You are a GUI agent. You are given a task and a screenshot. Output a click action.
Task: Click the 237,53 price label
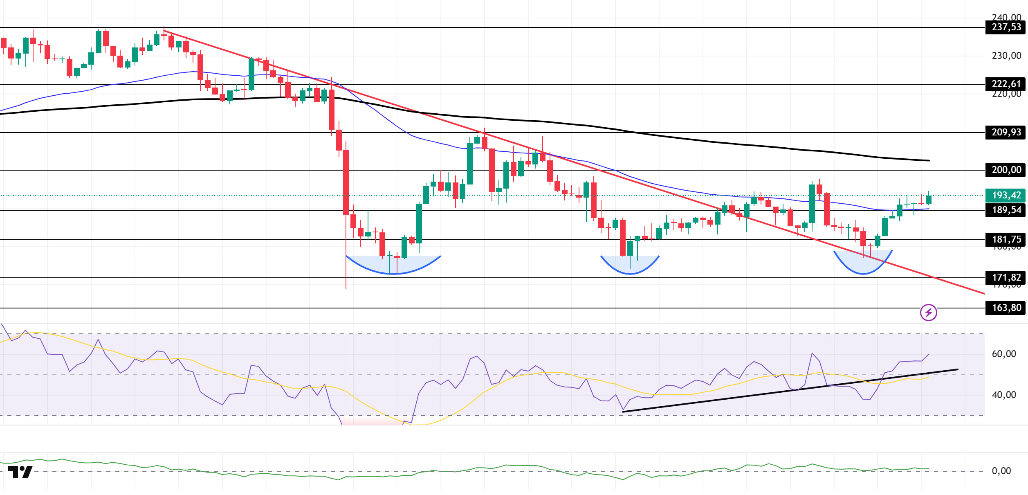tap(1006, 27)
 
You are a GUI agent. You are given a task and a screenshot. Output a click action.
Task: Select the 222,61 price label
tap(1006, 84)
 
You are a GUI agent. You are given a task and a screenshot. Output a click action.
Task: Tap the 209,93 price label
tap(1006, 133)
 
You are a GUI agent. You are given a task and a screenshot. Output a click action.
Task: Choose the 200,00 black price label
tap(1006, 170)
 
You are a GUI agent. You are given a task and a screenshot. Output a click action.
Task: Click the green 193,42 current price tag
tap(1006, 195)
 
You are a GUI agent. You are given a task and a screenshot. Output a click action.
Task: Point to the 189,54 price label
tap(1006, 210)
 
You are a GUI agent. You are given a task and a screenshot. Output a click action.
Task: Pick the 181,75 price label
tap(1006, 239)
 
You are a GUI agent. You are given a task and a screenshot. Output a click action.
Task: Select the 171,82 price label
tap(1006, 277)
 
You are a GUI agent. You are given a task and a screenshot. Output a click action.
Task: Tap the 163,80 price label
tap(1006, 308)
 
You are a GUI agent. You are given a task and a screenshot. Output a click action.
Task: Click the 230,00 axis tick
tap(1006, 56)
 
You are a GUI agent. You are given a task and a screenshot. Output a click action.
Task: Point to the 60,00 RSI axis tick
tap(1003, 354)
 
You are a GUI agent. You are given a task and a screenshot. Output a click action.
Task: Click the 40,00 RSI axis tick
tap(1003, 395)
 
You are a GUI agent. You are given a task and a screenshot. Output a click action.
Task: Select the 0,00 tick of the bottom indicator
tap(1001, 471)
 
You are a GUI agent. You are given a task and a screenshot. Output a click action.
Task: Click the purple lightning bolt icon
tap(928, 313)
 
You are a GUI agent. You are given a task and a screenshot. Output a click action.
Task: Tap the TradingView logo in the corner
tap(20, 472)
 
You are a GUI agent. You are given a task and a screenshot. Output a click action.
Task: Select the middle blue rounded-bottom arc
tap(630, 268)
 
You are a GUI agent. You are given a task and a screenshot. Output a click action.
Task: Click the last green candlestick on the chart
tap(929, 200)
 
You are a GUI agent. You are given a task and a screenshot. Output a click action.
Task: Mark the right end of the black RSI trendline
tap(957, 369)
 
